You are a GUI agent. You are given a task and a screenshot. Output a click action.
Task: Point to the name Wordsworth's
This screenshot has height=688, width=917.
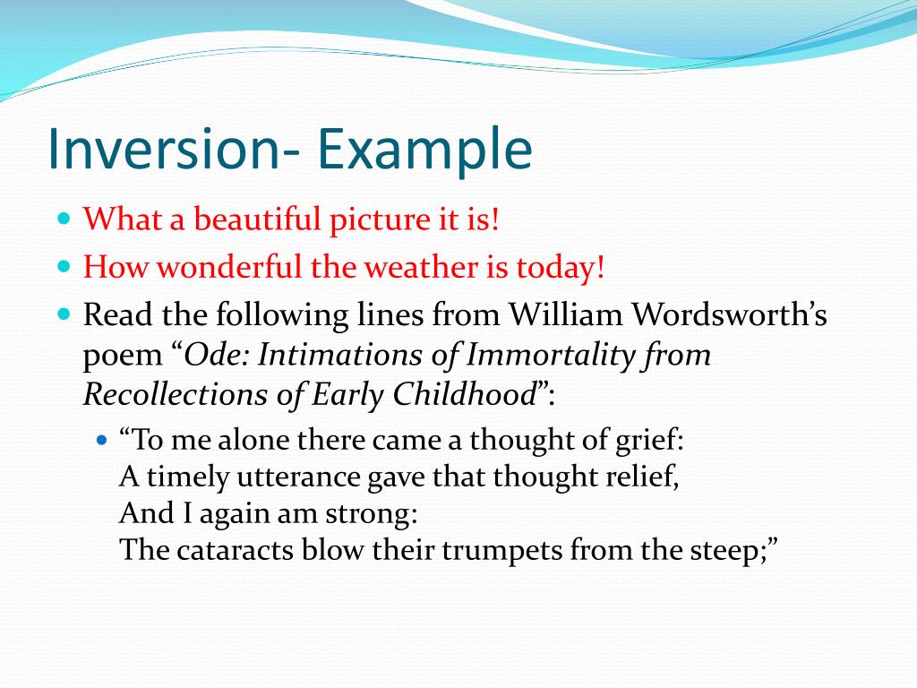(730, 315)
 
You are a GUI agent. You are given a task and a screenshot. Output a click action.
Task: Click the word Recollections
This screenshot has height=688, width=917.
(167, 394)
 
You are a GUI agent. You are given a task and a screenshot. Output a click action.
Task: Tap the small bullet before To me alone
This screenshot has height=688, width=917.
(101, 441)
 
